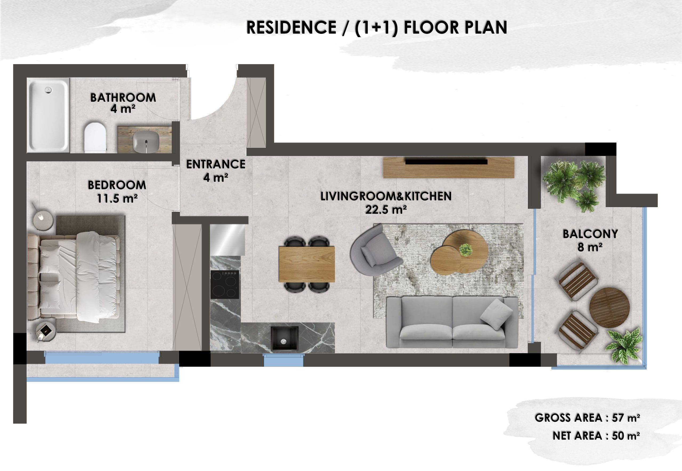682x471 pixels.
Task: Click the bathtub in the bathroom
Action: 48,115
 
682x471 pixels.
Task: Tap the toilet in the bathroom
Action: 95,137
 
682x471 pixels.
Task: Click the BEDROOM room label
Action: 117,185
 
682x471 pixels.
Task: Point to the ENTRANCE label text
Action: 216,164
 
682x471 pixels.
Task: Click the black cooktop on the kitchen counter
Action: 225,284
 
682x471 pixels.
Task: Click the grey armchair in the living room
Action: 374,251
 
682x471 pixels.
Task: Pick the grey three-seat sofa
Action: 452,322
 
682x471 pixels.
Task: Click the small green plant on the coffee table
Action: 465,250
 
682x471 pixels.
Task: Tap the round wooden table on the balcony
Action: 610,308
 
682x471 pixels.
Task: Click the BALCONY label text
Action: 590,234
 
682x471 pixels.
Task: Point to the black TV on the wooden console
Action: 446,162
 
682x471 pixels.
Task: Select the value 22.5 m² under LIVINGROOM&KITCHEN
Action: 386,210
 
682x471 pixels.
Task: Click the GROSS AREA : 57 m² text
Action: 587,418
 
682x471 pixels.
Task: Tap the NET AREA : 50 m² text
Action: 596,436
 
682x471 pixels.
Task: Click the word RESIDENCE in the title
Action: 291,27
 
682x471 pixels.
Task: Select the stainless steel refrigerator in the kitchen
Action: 228,240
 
